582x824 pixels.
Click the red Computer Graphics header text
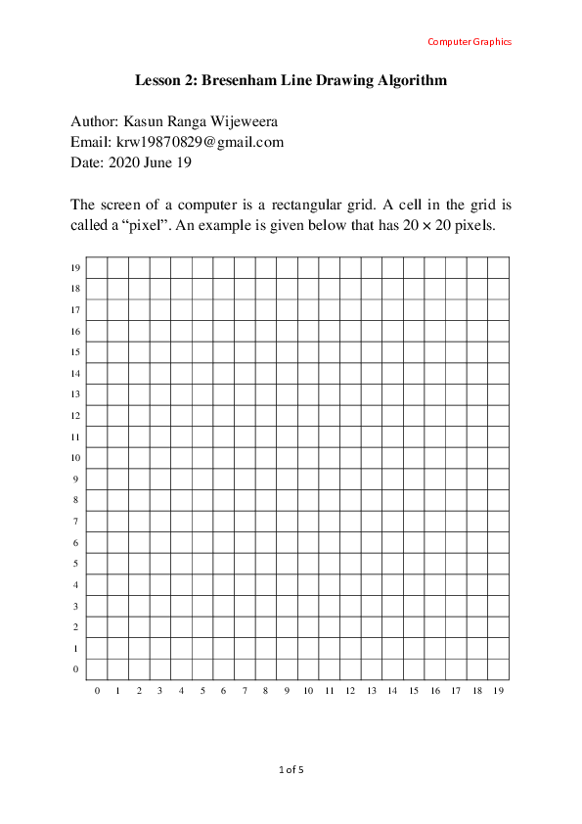click(x=470, y=42)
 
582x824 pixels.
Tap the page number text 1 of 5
click(x=291, y=770)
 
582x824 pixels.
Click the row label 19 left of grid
click(x=74, y=268)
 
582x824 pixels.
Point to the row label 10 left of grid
click(x=74, y=458)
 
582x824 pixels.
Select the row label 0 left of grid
click(x=76, y=669)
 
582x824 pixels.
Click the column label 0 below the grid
click(x=97, y=691)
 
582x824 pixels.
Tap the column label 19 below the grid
click(x=499, y=691)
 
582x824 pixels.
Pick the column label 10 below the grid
click(x=308, y=691)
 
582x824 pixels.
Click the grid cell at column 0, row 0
click(x=97, y=669)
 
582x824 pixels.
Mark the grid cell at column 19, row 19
click(x=498, y=267)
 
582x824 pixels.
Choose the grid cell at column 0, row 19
click(x=97, y=267)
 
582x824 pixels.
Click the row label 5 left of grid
click(x=76, y=564)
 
